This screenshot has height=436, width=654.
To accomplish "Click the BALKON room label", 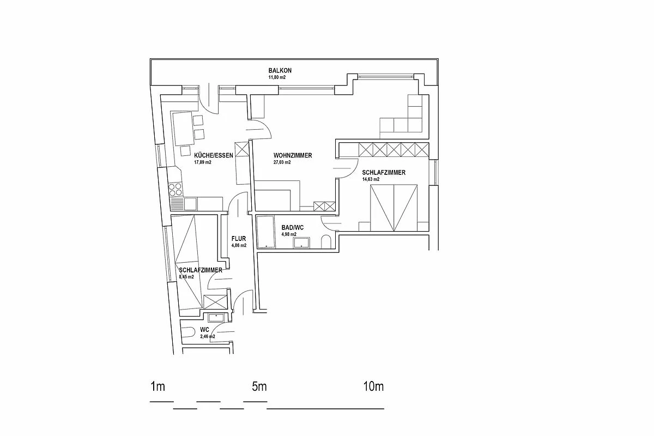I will coord(280,71).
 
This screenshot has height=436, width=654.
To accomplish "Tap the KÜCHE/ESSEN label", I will coord(214,155).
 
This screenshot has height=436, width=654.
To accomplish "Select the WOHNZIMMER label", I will coord(293,155).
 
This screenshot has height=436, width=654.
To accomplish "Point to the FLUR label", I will coord(239,239).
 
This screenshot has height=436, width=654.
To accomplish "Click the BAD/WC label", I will coord(289,228).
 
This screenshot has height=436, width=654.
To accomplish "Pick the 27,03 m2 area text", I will coord(282,162).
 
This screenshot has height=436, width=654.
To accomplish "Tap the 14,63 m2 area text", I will coord(371,179).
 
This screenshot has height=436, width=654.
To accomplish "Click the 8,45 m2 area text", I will coord(186,276).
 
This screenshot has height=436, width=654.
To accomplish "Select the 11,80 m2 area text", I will coord(277,77).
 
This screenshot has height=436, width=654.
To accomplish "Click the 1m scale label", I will coord(158,387).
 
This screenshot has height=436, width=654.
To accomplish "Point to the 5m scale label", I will coord(259,387).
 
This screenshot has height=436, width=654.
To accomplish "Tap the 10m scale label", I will coord(373,387).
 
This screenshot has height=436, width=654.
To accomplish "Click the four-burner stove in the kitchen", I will coord(175,189).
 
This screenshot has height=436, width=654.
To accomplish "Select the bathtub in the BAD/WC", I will coord(266,232).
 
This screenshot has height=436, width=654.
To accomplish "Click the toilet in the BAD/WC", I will coord(326,242).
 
